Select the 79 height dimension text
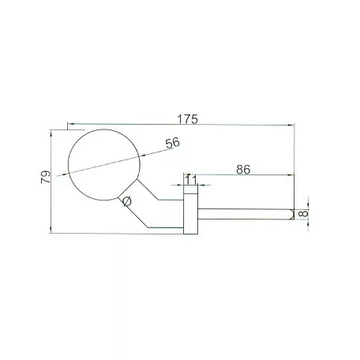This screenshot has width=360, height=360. click(45, 177)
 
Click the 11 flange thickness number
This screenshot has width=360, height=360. click(190, 181)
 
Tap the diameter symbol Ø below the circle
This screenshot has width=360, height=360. click(125, 202)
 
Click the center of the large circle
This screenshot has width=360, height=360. click(104, 164)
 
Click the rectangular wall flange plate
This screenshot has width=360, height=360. click(190, 213)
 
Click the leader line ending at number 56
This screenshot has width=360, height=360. click(150, 150)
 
